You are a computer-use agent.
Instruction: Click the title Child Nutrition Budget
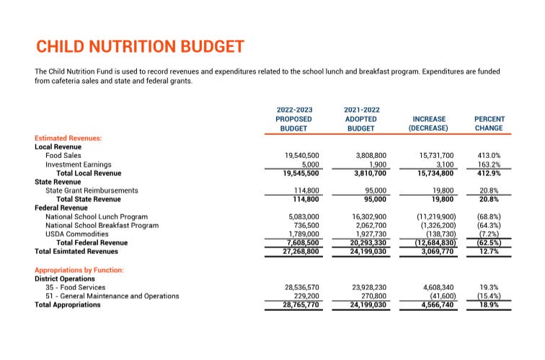(x=140, y=48)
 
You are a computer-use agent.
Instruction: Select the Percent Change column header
(x=489, y=123)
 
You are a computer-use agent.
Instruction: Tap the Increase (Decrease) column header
(x=428, y=123)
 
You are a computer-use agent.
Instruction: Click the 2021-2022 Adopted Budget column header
(x=362, y=119)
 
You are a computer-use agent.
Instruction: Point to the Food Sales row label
(x=63, y=155)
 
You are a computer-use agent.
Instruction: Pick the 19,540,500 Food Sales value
(x=303, y=155)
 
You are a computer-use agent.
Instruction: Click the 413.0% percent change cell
(x=489, y=155)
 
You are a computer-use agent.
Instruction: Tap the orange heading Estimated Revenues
(x=68, y=137)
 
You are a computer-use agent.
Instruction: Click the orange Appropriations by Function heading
(x=79, y=270)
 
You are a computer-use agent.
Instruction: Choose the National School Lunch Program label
(x=97, y=216)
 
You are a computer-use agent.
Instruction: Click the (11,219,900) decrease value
(x=436, y=216)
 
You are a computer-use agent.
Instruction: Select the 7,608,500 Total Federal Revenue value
(x=303, y=243)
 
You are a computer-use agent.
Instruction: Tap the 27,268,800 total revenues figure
(x=303, y=252)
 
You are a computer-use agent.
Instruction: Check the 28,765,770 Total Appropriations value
(x=303, y=305)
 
